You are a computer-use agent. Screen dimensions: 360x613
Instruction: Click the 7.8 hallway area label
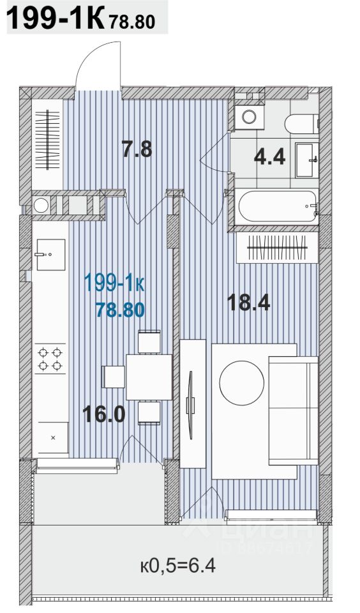137,149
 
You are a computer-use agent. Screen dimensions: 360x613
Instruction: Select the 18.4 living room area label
248,303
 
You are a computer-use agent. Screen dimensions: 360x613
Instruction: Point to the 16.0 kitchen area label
104,414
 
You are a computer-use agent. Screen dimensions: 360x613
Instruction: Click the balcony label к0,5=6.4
178,565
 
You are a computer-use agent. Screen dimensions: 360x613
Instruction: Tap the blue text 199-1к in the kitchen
114,284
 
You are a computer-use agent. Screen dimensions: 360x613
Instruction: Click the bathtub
278,206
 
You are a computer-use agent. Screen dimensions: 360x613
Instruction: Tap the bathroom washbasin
307,160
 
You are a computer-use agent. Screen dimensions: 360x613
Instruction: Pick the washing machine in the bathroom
248,116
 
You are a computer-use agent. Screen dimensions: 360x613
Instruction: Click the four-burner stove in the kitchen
50,359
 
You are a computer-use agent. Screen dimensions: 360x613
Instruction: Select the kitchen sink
51,255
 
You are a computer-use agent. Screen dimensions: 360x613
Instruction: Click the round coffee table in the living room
241,382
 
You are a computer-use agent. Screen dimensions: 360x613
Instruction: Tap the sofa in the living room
294,411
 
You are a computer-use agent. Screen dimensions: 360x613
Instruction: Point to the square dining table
149,377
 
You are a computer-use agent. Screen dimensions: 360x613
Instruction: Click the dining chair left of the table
114,377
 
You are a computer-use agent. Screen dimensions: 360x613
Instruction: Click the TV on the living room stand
190,405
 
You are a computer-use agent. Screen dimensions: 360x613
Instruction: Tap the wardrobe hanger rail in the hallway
47,140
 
